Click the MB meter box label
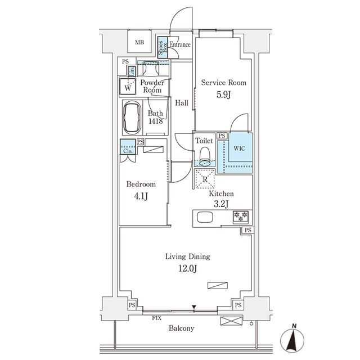139,43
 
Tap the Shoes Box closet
163,47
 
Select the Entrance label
180,44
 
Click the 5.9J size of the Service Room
223,94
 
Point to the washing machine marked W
128,86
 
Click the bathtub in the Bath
132,118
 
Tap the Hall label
182,103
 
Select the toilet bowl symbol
205,156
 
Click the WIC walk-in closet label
239,148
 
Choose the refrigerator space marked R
205,179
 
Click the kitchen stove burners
240,217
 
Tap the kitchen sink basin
205,217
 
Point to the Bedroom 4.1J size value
141,196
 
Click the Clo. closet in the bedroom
128,147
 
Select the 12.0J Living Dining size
187,268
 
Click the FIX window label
156,318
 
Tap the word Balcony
181,328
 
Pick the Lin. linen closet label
132,71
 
